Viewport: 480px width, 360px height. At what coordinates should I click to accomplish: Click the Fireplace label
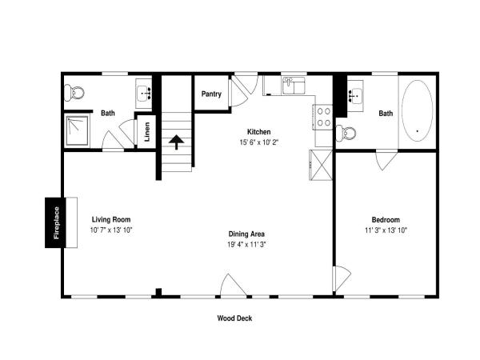pyautogui.click(x=56, y=222)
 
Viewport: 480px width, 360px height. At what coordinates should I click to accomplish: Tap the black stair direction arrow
pyautogui.click(x=176, y=142)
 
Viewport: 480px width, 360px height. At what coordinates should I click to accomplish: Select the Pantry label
pyautogui.click(x=211, y=94)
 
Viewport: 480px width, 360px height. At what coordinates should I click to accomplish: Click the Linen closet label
pyautogui.click(x=147, y=132)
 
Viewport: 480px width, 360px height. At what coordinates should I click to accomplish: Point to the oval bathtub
pyautogui.click(x=417, y=111)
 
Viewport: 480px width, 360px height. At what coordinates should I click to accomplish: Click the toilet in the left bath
pyautogui.click(x=74, y=93)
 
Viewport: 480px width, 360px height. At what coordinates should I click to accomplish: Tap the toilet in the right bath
pyautogui.click(x=346, y=133)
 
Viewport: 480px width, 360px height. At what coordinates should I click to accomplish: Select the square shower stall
pyautogui.click(x=77, y=130)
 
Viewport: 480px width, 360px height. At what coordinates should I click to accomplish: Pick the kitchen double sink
pyautogui.click(x=294, y=86)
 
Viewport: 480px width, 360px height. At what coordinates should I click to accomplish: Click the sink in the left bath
pyautogui.click(x=143, y=94)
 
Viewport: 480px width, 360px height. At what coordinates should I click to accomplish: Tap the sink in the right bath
pyautogui.click(x=355, y=95)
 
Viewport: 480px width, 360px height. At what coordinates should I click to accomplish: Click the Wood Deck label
pyautogui.click(x=234, y=318)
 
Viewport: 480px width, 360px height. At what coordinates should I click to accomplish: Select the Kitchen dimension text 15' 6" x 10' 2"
pyautogui.click(x=259, y=142)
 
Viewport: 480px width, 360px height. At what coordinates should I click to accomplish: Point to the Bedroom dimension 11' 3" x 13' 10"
pyautogui.click(x=386, y=230)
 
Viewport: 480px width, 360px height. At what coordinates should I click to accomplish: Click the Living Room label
pyautogui.click(x=111, y=219)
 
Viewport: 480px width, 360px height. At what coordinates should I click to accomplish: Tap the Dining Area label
pyautogui.click(x=246, y=234)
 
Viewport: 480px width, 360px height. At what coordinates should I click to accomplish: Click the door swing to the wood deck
pyautogui.click(x=234, y=285)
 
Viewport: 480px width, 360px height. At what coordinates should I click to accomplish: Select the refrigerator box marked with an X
pyautogui.click(x=321, y=165)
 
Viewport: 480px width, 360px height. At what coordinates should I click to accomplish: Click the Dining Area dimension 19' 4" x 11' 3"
pyautogui.click(x=246, y=245)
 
